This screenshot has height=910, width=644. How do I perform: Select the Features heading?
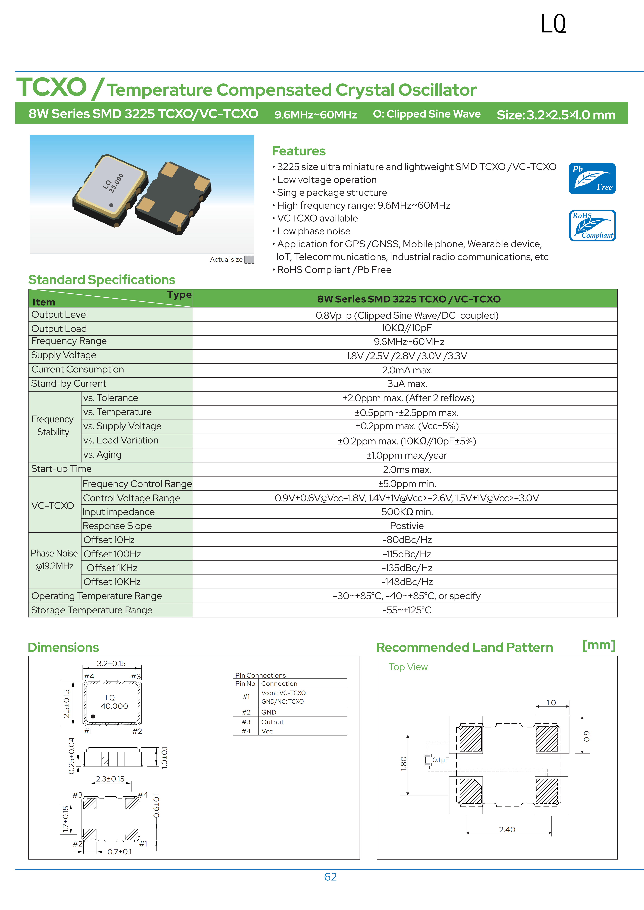coord(298,151)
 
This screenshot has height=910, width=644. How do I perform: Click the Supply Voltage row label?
coord(63,355)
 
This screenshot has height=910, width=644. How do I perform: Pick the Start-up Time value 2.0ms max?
coord(407,470)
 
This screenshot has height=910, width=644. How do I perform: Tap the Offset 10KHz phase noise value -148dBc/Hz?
coord(407,582)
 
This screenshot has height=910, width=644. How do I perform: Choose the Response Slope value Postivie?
coord(407,526)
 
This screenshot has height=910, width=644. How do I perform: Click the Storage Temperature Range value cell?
coord(407,610)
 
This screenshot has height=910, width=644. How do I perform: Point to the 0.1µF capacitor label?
coord(440,760)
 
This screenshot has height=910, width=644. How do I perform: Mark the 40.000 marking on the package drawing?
coord(114,706)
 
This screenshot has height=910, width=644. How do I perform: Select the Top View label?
coord(408,667)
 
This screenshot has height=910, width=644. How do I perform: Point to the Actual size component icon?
coord(249,260)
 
